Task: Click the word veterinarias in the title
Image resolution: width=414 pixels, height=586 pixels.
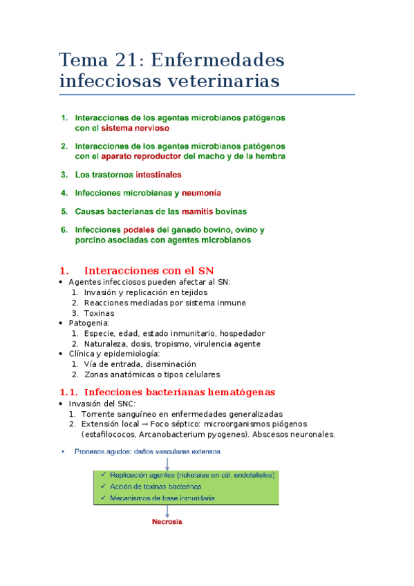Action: (x=221, y=81)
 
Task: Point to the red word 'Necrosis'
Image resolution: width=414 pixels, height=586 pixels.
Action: (x=167, y=522)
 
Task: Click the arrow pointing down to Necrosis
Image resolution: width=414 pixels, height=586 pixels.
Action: (x=167, y=510)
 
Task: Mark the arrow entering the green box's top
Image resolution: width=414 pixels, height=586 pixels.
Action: (x=167, y=463)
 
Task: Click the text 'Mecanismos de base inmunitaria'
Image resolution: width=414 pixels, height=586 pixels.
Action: (x=162, y=498)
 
